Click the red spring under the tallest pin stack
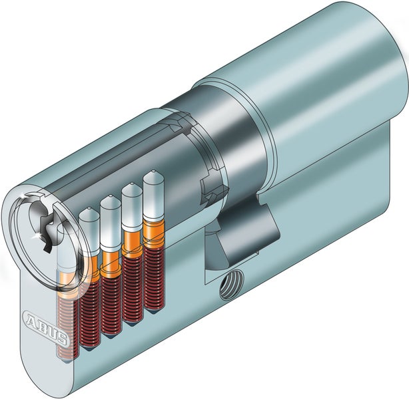155,279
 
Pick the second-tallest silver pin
133,205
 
